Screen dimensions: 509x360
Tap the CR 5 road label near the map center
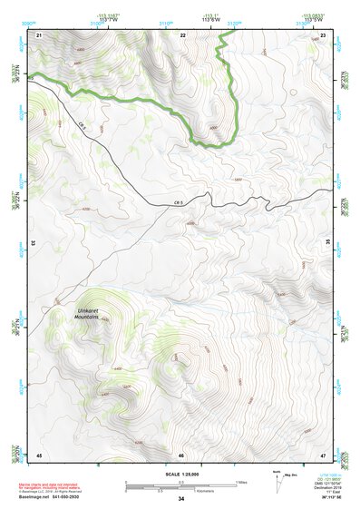[x=179, y=202]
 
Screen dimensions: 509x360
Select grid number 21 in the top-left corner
[x=39, y=34]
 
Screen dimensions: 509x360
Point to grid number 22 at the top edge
[x=182, y=34]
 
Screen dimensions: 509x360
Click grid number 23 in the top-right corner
[x=325, y=34]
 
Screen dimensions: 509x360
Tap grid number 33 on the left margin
[x=34, y=243]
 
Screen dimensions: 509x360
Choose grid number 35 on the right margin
[x=327, y=243]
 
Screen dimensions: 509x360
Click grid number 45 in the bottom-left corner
[x=39, y=454]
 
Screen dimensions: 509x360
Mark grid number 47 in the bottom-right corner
[x=324, y=454]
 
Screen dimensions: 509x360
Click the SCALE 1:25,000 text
[x=180, y=473]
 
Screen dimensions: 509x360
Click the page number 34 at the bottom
[x=181, y=500]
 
